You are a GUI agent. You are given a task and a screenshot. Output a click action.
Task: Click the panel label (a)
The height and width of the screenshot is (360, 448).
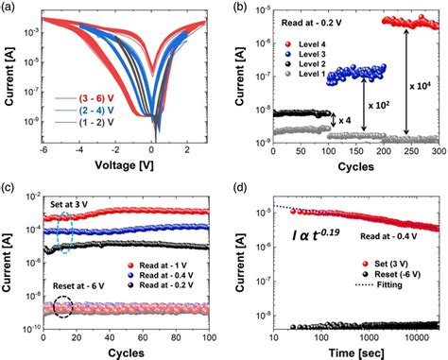[9, 8]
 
